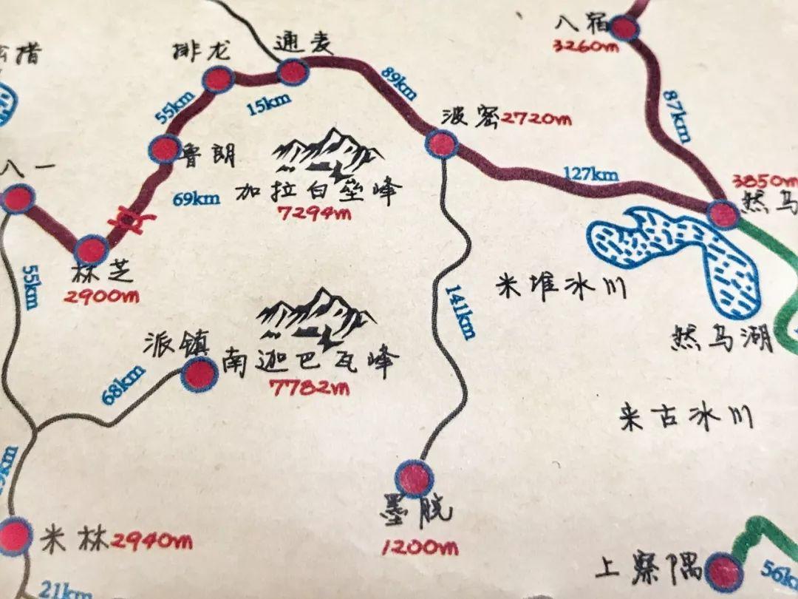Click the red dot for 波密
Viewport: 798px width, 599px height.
(442, 143)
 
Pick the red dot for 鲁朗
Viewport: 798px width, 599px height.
(164, 149)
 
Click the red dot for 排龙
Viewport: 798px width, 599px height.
(218, 79)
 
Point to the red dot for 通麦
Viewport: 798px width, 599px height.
(291, 72)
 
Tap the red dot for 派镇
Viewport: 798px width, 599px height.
(199, 375)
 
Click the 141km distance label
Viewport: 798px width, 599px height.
(459, 311)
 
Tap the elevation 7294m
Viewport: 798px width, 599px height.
(313, 214)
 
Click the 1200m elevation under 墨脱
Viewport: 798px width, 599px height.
(419, 548)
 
